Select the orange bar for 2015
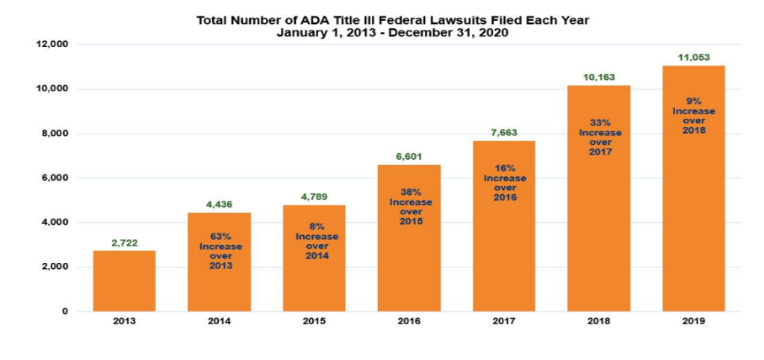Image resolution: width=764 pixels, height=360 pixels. (314, 284)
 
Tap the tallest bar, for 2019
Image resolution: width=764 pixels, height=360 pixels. (693, 224)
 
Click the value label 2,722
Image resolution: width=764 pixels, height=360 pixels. (124, 243)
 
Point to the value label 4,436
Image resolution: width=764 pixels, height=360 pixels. (219, 205)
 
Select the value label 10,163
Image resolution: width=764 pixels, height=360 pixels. (598, 77)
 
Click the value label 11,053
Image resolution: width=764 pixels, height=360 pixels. (693, 57)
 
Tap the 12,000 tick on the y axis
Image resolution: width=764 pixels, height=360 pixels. (52, 45)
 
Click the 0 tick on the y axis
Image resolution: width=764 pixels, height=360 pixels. (66, 311)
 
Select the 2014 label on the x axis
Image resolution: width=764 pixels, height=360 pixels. (219, 321)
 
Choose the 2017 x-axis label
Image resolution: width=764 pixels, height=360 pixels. (503, 321)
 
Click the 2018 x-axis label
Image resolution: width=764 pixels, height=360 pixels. (598, 321)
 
